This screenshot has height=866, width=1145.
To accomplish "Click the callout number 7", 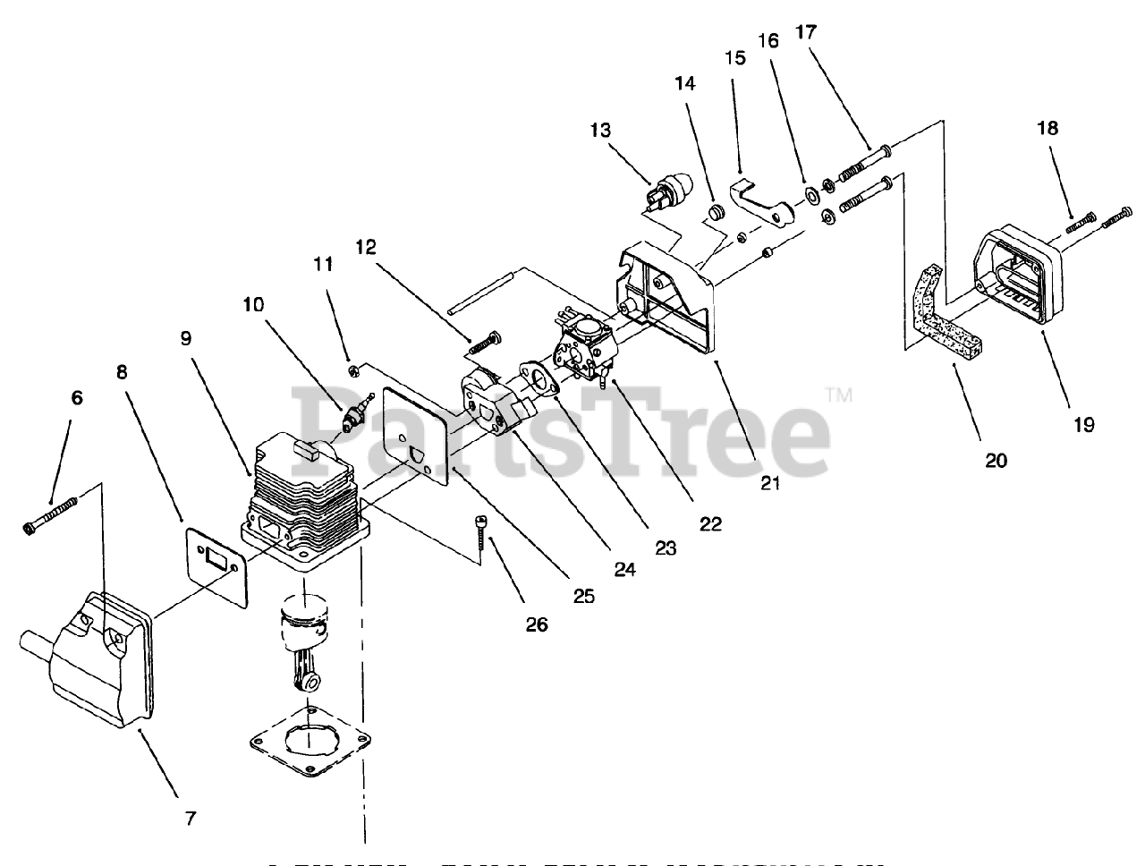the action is click(191, 817).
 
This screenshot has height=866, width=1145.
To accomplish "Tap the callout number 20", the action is click(995, 461).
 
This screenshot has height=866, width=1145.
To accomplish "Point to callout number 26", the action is click(536, 624).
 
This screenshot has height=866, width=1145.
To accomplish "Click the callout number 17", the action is click(805, 32).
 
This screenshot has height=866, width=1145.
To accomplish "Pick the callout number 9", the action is click(186, 338).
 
